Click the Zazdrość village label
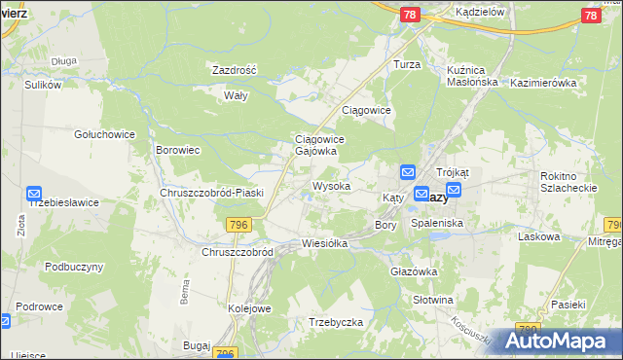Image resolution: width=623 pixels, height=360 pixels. [x=234, y=70]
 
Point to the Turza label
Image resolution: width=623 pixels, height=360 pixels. [x=406, y=63]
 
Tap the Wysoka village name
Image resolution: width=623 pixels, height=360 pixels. [x=331, y=186]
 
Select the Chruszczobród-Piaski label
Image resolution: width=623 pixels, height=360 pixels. [x=206, y=193]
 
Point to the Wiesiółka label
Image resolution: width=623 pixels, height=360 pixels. [x=324, y=243]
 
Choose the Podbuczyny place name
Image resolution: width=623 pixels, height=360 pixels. [x=74, y=267]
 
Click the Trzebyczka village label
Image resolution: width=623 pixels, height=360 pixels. [x=336, y=322]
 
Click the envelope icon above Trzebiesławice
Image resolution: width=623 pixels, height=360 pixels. [x=34, y=194]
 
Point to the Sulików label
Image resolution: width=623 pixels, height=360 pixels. [x=43, y=85]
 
